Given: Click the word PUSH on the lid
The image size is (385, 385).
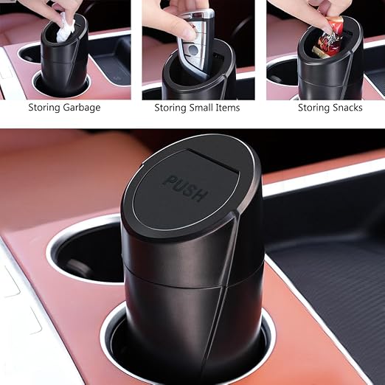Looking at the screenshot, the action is (x=185, y=187).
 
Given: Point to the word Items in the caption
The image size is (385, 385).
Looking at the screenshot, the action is (x=228, y=108).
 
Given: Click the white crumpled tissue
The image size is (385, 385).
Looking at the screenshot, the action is (x=65, y=27).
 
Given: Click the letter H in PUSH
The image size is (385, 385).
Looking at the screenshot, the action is (x=200, y=195).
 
